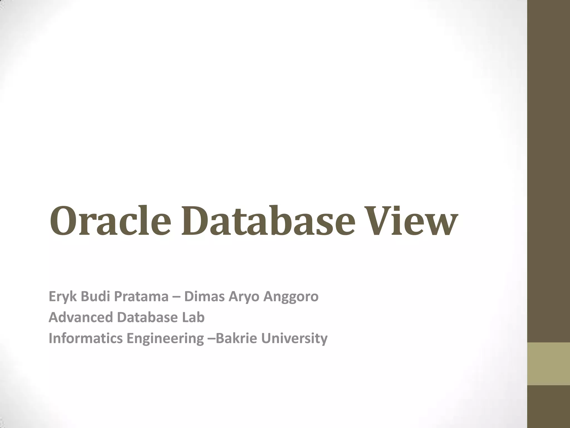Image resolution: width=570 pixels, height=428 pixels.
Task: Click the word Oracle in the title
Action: [110, 221]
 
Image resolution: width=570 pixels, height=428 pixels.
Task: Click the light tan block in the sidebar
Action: [549, 364]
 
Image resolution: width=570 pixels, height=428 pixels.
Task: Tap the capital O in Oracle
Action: [64, 221]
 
